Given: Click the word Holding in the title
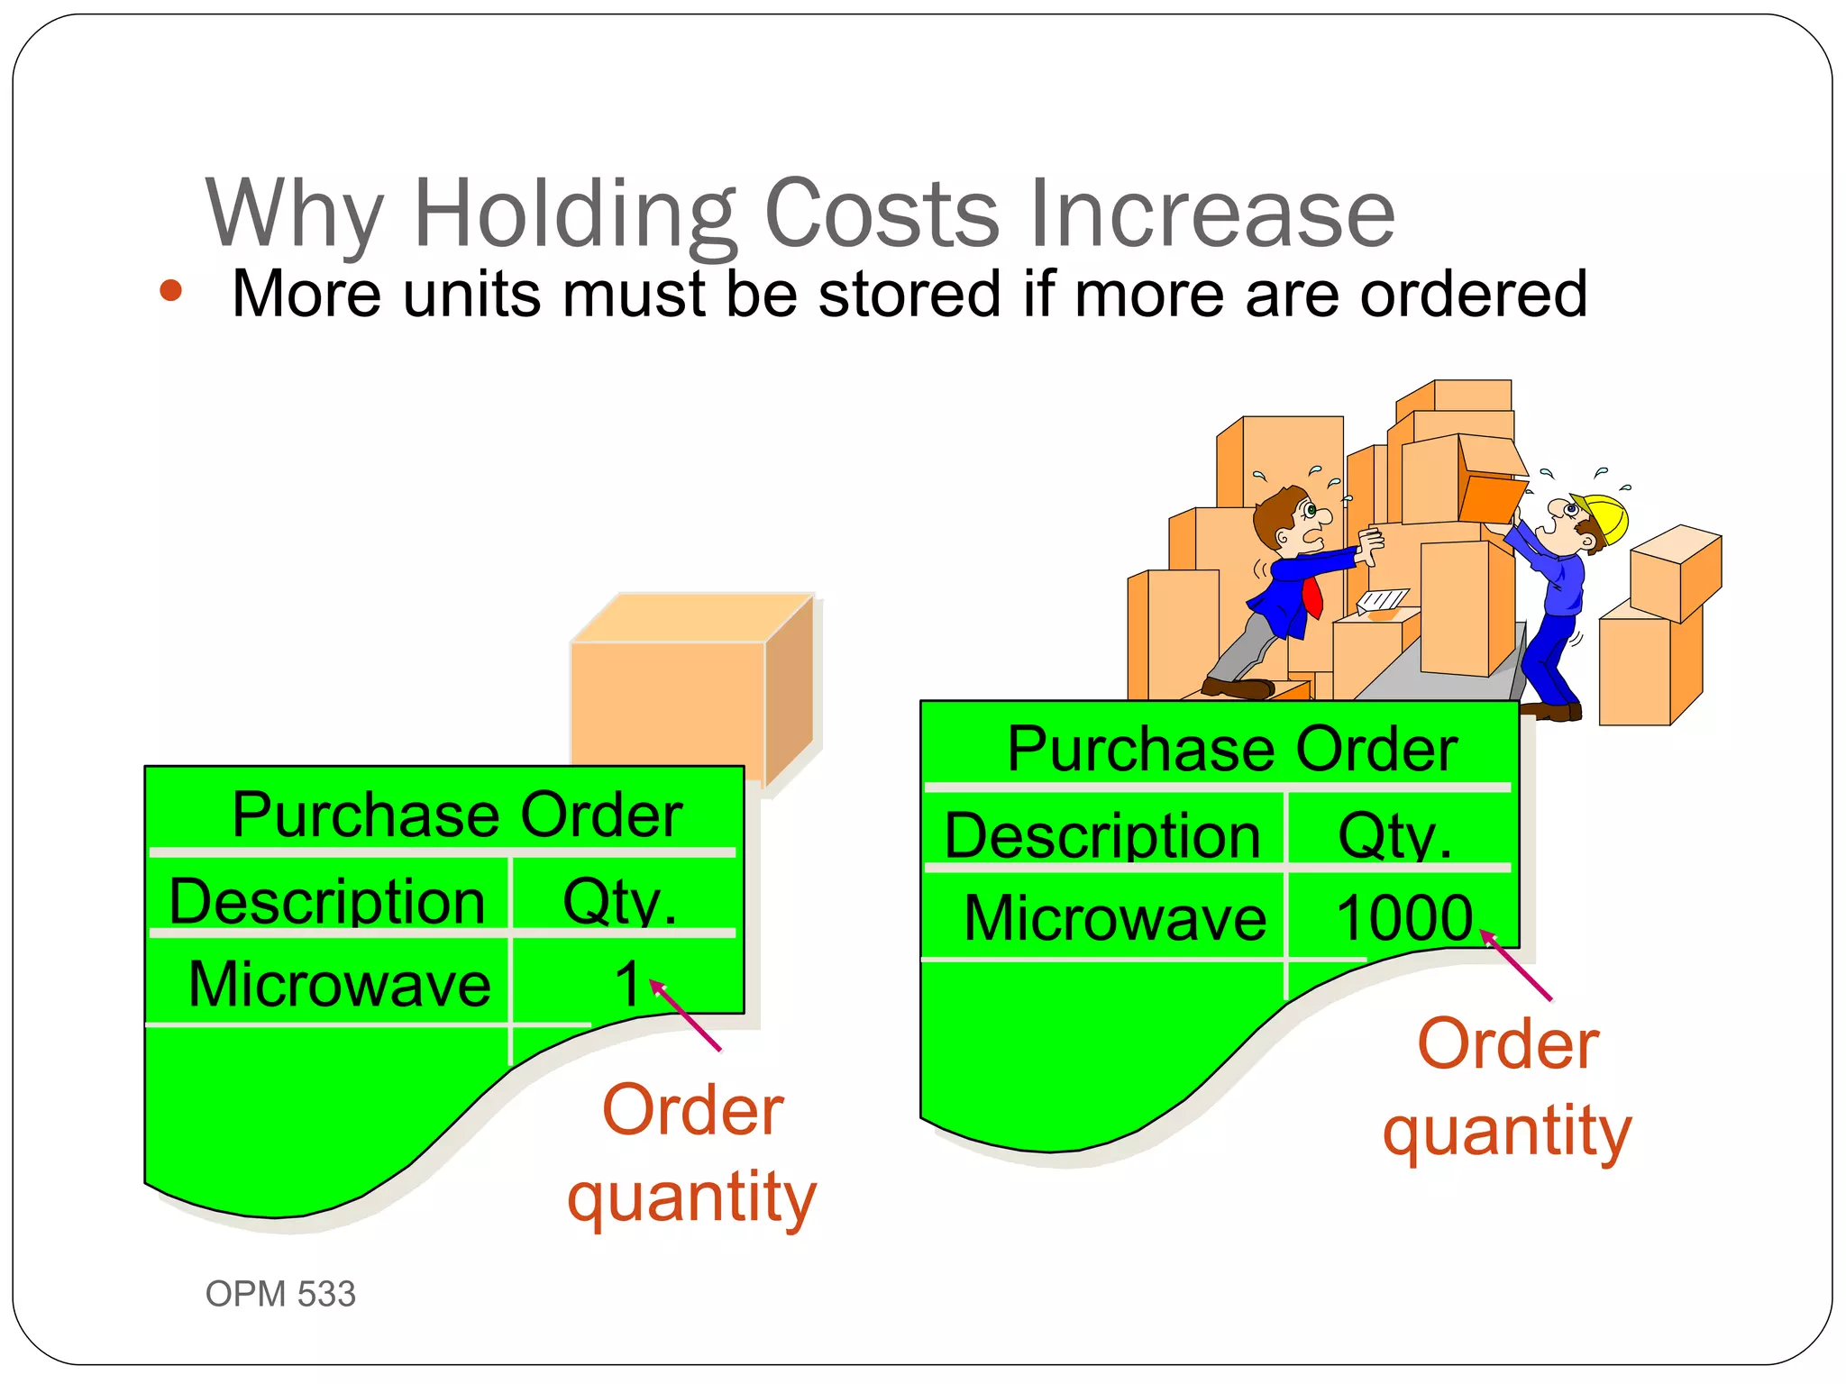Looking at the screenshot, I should coord(573,214).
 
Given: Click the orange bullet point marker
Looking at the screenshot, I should coord(170,291).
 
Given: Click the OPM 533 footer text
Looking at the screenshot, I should coord(280,1294).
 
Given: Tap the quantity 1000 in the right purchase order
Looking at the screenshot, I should coord(1403,918).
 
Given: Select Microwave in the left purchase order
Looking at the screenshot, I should coord(340,984).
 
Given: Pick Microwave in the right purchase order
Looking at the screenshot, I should coord(1115,918).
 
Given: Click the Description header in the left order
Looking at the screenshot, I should coord(327,901).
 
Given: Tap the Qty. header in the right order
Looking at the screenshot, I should coord(1394,835).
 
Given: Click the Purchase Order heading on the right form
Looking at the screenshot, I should coord(1231,749).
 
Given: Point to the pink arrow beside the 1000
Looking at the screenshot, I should coord(1518,967).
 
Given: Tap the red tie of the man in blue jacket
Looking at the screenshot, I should coord(1312,596).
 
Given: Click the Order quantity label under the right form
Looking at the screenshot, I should coord(1508,1087).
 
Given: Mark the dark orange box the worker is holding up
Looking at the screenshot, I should coord(1491,500).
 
